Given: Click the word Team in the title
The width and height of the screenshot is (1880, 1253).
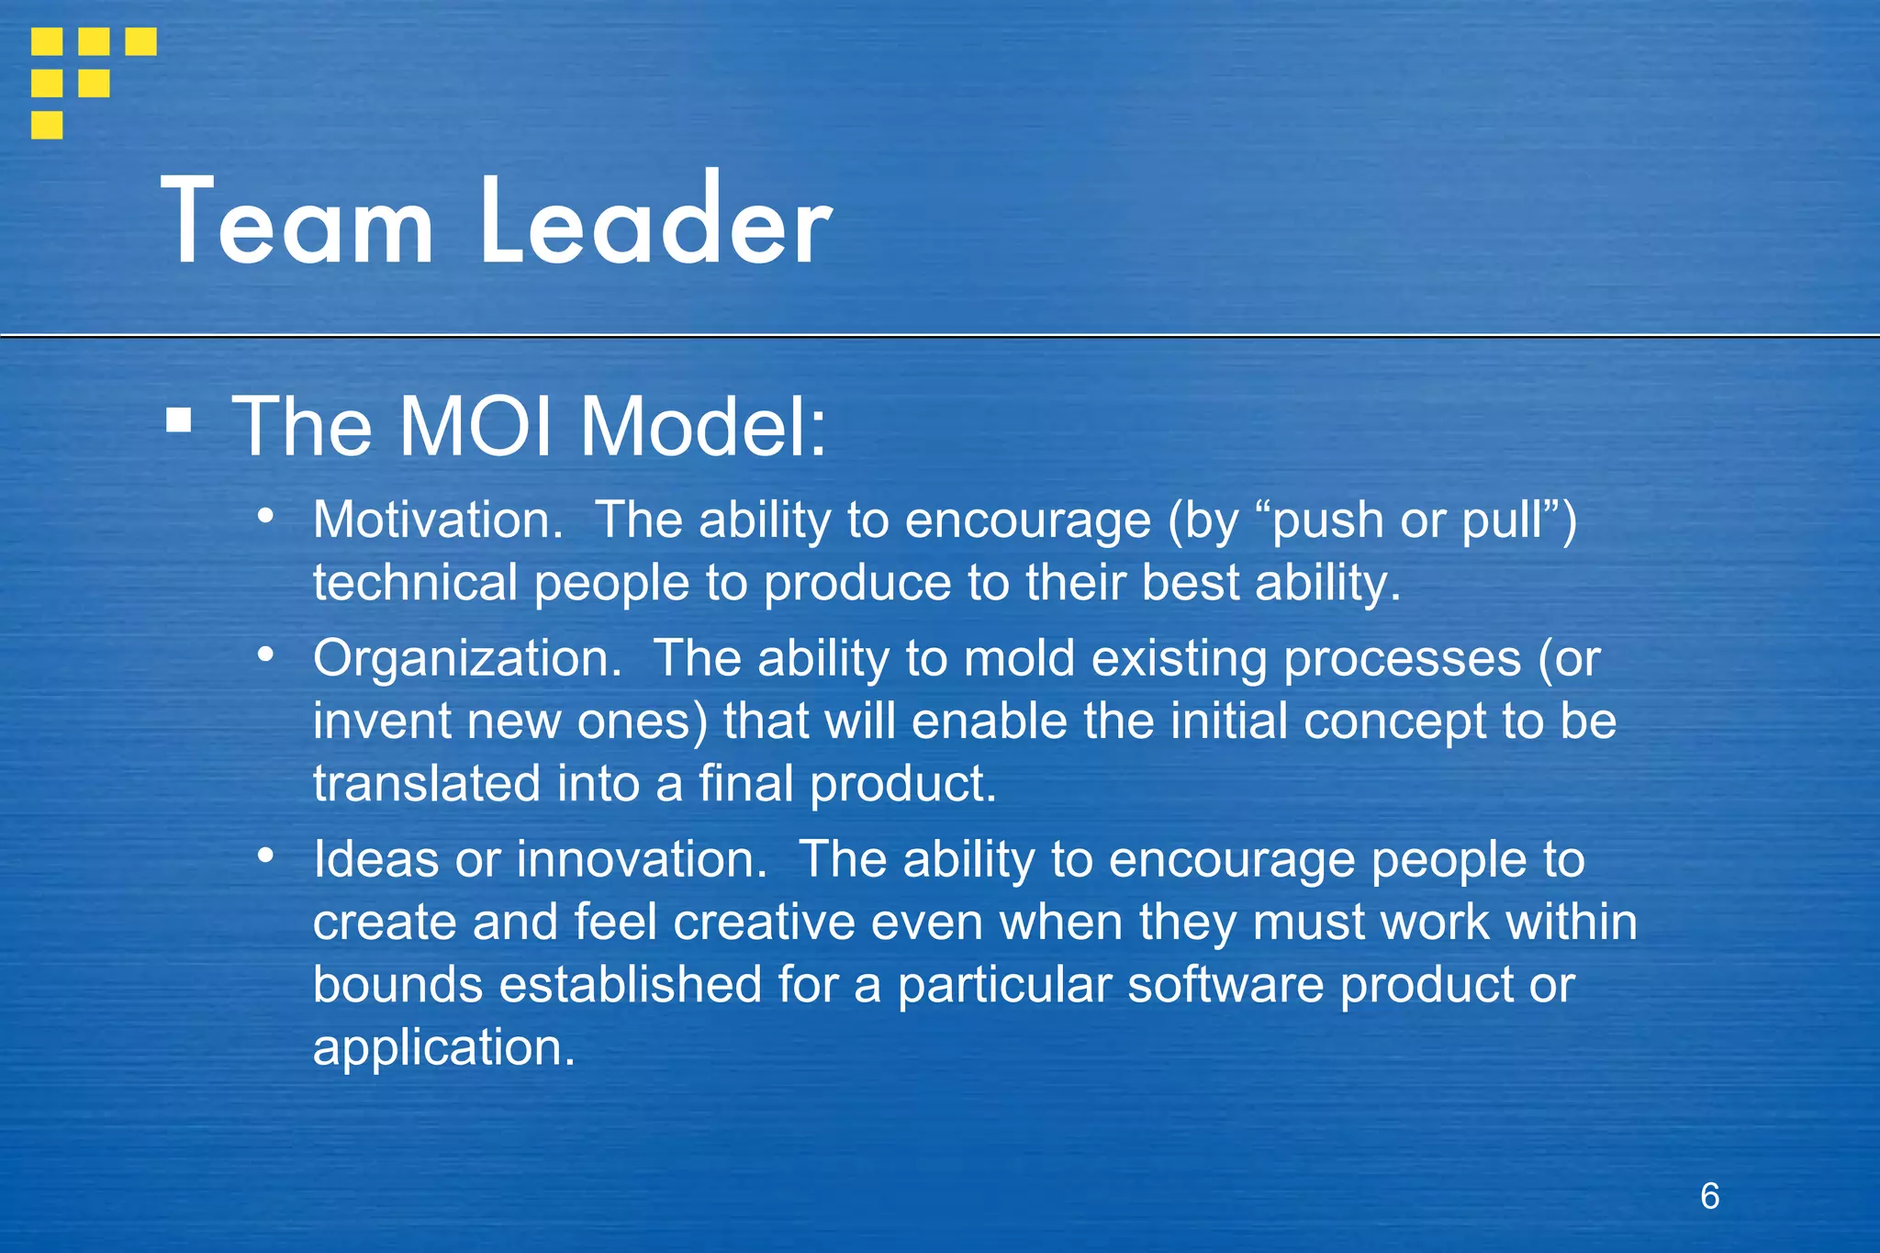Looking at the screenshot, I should coord(297,223).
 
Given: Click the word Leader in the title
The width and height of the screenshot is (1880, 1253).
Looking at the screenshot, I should coord(655,223).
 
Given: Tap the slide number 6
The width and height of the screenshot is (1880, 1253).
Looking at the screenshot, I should coord(1709,1196).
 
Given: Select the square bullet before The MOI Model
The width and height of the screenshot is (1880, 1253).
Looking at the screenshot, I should coord(179,421).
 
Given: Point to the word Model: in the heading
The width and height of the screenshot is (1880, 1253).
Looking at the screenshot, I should coord(703,427).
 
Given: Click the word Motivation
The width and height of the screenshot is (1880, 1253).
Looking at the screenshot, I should coord(437,520).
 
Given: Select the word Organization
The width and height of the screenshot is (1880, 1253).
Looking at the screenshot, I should coord(466,659).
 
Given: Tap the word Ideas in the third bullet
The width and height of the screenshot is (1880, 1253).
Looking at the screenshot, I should coord(375,860).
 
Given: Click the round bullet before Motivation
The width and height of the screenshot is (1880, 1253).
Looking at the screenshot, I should coord(265,516).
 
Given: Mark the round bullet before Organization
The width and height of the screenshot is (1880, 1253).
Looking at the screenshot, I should coord(265,654).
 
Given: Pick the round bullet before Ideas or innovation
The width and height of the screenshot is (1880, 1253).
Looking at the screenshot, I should coord(265,856).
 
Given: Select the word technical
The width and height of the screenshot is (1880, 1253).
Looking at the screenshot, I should coord(415,584).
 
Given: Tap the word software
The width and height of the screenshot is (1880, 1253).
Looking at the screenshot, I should coord(1225,985).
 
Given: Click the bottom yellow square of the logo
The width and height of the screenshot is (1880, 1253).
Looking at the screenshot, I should coord(47,125).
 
